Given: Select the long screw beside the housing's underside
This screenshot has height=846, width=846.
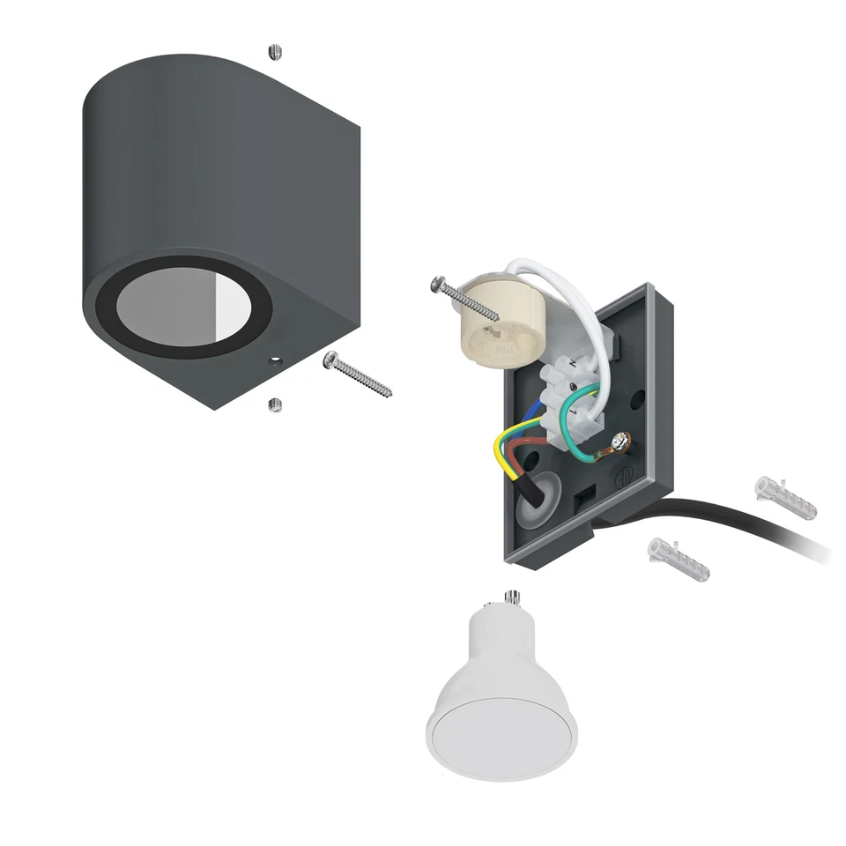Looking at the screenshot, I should point(360,375).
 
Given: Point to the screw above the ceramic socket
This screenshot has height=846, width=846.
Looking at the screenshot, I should point(464,298).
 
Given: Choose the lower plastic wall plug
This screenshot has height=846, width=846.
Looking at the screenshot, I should point(678,558).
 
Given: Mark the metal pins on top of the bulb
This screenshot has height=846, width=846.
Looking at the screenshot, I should point(509,599).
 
